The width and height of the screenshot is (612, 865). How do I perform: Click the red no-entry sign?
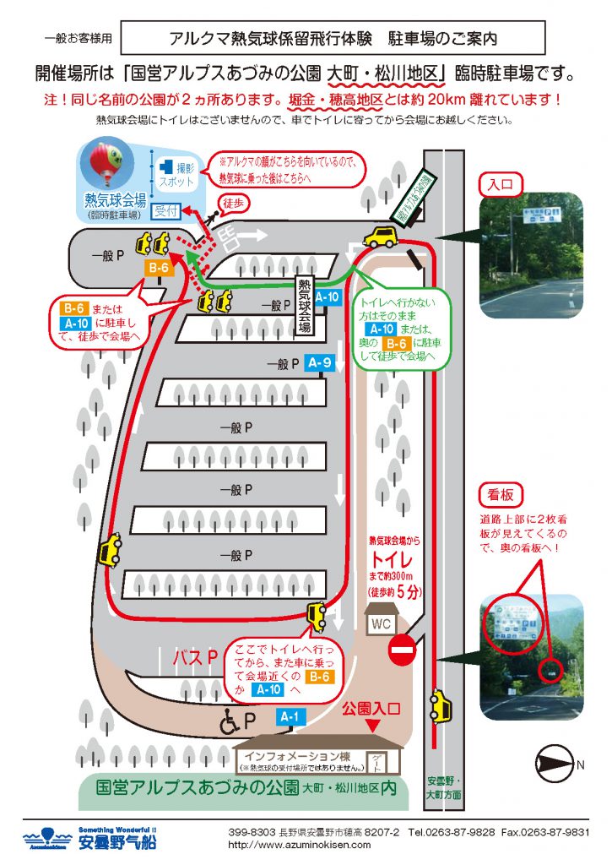403,652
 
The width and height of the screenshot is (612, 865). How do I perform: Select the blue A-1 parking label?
289,717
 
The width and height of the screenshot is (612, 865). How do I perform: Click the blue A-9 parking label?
318,363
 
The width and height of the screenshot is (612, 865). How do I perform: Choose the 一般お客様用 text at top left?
77,39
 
